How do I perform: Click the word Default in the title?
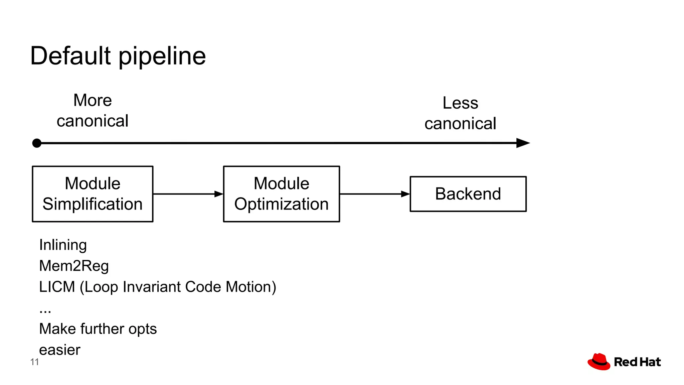click(x=70, y=56)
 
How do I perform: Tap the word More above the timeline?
click(x=93, y=100)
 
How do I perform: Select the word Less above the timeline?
click(x=460, y=103)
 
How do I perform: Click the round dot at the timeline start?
click(x=37, y=143)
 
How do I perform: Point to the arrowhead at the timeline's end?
click(x=523, y=143)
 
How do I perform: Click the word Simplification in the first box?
click(x=93, y=204)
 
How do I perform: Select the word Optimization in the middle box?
click(x=281, y=204)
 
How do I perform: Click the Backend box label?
click(x=468, y=194)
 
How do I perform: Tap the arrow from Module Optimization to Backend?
click(x=374, y=194)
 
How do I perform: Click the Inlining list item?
click(x=63, y=245)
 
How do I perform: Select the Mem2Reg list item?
click(x=74, y=266)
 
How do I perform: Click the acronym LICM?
click(x=57, y=287)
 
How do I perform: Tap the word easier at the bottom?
click(x=60, y=350)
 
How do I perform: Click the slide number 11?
click(x=34, y=362)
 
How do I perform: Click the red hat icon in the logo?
click(x=599, y=362)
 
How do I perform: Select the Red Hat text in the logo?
click(x=637, y=362)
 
